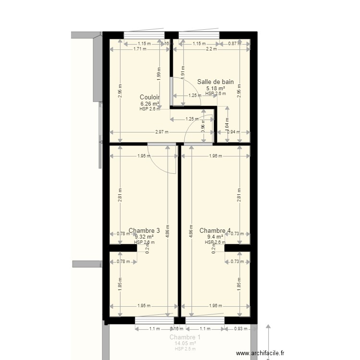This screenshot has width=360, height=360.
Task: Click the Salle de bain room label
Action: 216,82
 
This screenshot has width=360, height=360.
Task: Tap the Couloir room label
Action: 150,97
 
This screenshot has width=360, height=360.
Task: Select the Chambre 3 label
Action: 144,231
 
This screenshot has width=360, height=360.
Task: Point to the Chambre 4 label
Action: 215,231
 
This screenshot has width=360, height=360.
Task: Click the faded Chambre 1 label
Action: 185,337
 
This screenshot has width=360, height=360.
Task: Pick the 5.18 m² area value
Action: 216,88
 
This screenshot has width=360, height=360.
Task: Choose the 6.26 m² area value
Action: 150,103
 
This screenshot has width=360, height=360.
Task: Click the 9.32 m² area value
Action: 144,237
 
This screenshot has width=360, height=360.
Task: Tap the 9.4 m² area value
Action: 215,237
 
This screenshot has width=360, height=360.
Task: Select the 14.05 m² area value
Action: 185,343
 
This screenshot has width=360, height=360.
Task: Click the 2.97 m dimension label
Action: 161,132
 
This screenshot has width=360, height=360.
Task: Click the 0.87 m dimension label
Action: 235,43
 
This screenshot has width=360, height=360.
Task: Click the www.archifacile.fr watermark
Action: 264,353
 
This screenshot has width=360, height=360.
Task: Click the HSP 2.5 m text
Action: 185,348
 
